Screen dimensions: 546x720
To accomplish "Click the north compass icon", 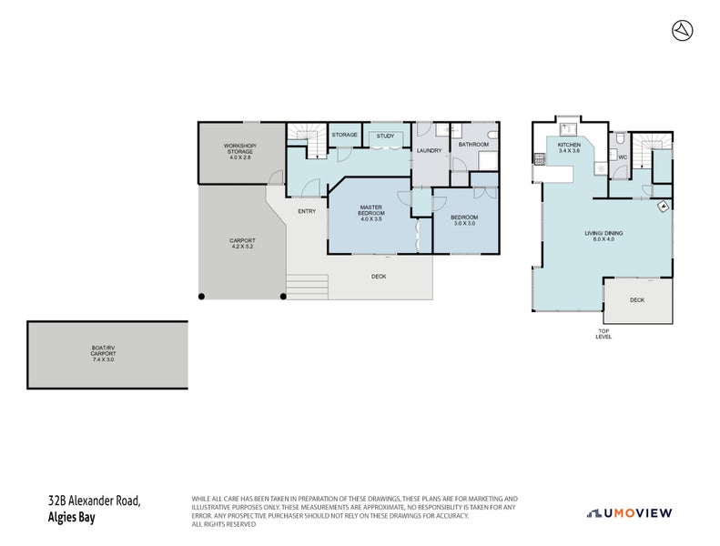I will (x=682, y=30).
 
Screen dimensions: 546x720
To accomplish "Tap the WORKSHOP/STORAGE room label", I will (x=240, y=151).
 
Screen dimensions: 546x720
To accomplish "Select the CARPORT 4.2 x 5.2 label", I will (x=242, y=244).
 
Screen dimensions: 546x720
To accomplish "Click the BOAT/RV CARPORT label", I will (x=107, y=353).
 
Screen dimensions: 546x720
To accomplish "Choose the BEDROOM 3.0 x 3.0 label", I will (x=464, y=219).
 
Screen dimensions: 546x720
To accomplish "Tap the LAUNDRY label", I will (x=429, y=150).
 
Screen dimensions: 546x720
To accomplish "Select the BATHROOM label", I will (x=473, y=144).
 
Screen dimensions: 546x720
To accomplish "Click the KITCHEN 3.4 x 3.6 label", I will (x=569, y=148).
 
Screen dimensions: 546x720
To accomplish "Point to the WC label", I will (x=623, y=157).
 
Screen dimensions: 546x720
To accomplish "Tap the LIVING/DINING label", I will (x=603, y=236).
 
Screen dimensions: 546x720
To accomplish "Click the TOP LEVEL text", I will (x=603, y=333).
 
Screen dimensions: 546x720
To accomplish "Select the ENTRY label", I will (x=307, y=211).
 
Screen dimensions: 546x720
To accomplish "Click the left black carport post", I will (x=202, y=296).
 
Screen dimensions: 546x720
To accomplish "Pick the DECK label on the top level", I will (x=637, y=299).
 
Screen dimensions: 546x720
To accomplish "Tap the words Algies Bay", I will (x=72, y=517).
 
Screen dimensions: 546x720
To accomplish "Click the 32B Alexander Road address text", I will (x=95, y=500).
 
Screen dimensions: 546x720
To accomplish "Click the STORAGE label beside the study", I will (x=344, y=135).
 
